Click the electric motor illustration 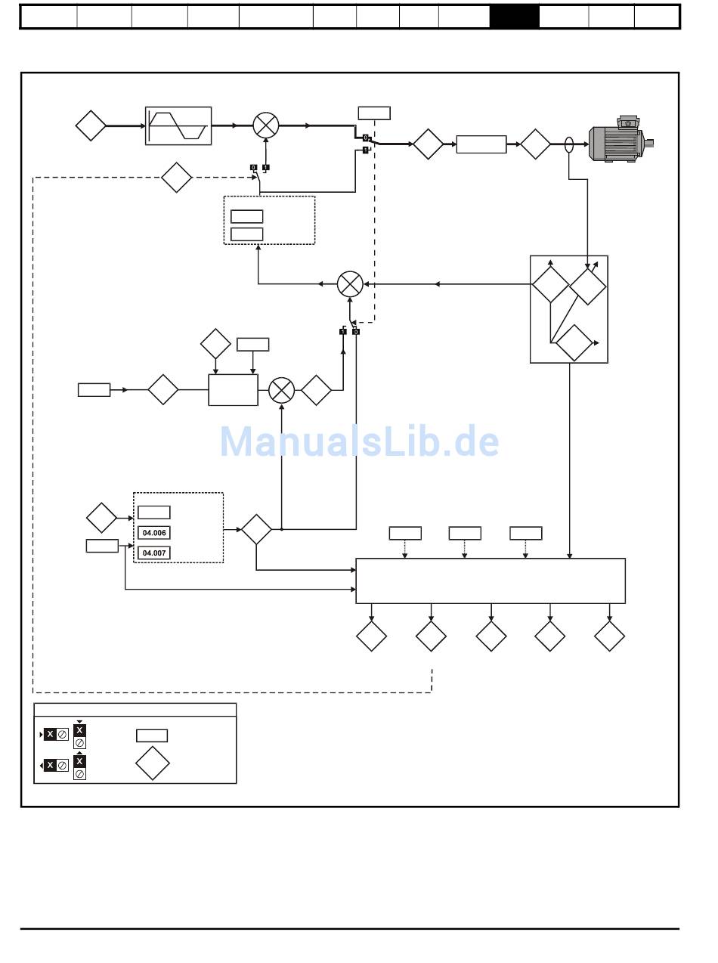(618, 143)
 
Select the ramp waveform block (178, 125)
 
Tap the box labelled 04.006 (154, 533)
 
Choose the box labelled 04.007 (154, 553)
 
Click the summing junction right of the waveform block (265, 125)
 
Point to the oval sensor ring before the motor (569, 144)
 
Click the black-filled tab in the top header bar (514, 17)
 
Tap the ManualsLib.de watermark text (359, 442)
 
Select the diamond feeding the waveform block (91, 125)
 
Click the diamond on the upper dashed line (177, 178)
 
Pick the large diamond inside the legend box (153, 763)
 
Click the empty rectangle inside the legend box (152, 735)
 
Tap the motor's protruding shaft (648, 143)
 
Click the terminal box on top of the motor (628, 122)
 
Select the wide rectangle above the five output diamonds (491, 581)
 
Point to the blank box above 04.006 (154, 512)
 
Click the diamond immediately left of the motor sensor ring (535, 144)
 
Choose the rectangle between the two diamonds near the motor (481, 144)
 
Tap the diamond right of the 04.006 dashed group (256, 529)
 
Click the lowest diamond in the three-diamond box (574, 343)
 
